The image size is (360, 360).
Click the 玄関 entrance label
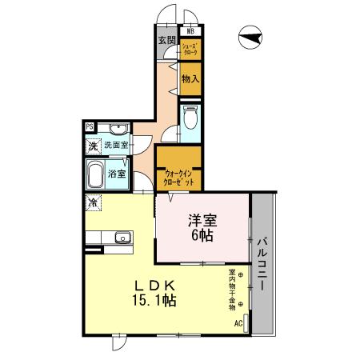click(x=166, y=42)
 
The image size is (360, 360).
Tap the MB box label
click(x=190, y=32)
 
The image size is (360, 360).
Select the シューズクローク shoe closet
click(x=190, y=50)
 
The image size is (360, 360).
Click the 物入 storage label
click(x=190, y=79)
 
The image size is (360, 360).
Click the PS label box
click(x=90, y=126)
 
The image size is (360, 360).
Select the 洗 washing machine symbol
click(x=93, y=146)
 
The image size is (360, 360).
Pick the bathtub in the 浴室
click(x=95, y=174)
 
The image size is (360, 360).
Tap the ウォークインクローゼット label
click(x=178, y=177)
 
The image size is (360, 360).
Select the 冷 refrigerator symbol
click(x=93, y=202)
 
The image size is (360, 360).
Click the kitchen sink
click(x=122, y=238)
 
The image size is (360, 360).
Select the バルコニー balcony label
click(x=262, y=263)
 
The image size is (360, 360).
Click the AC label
click(x=238, y=323)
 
